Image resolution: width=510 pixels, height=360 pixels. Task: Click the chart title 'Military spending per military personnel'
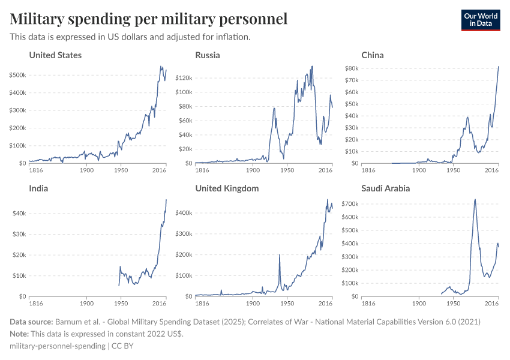[x=148, y=19]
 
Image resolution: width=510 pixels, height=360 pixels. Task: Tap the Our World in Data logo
[x=480, y=20]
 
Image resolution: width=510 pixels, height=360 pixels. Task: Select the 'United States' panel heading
[x=55, y=55]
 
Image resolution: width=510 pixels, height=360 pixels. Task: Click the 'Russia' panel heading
[x=208, y=55]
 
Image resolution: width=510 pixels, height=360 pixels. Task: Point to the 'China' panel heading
[x=373, y=55]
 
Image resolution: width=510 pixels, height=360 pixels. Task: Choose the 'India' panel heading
[x=38, y=188]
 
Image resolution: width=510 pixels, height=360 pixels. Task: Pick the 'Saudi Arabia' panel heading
[x=386, y=188]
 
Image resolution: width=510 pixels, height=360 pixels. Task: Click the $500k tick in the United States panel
[x=17, y=75]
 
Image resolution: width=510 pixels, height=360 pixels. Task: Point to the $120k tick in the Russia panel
[x=182, y=78]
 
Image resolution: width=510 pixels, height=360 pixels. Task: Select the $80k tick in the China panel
[x=350, y=68]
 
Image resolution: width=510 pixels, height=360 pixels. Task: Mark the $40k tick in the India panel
[x=19, y=214]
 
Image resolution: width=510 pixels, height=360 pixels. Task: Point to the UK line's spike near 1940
[x=280, y=255]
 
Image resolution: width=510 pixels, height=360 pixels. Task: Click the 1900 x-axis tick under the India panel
[x=86, y=304]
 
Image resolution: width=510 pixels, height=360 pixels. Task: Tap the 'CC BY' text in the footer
[x=122, y=346]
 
